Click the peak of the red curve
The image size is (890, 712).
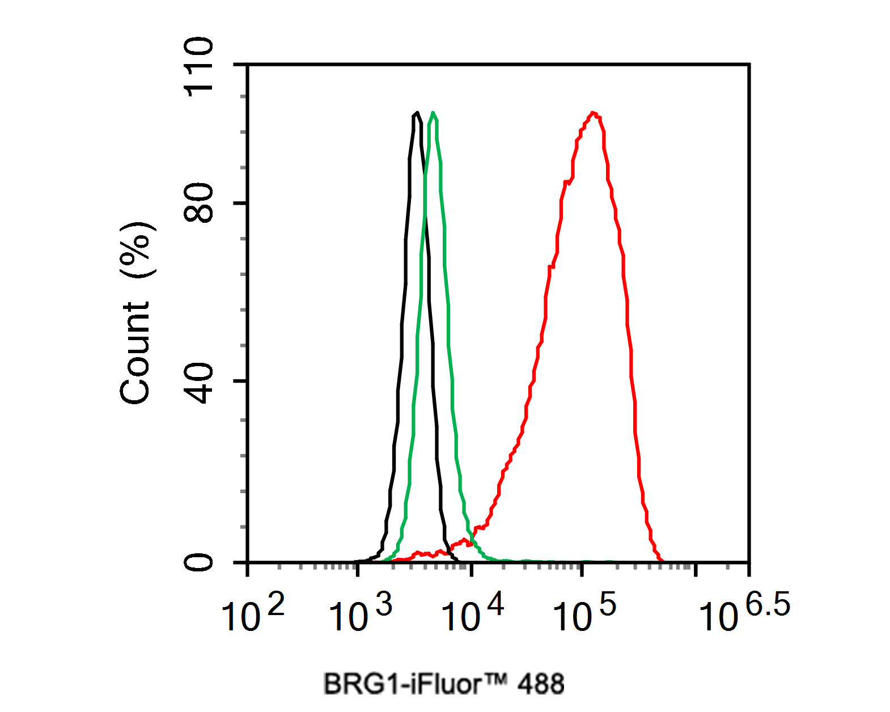(x=594, y=113)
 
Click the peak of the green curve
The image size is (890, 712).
(x=433, y=113)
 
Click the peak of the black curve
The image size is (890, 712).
(x=417, y=113)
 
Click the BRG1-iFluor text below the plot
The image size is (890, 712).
(x=402, y=684)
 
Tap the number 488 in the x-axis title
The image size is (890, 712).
(x=541, y=684)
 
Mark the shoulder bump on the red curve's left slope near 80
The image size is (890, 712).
(x=567, y=181)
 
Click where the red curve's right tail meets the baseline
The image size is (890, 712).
(x=662, y=561)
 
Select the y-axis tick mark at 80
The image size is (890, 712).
(x=241, y=203)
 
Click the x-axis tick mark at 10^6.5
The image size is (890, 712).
(x=749, y=569)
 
